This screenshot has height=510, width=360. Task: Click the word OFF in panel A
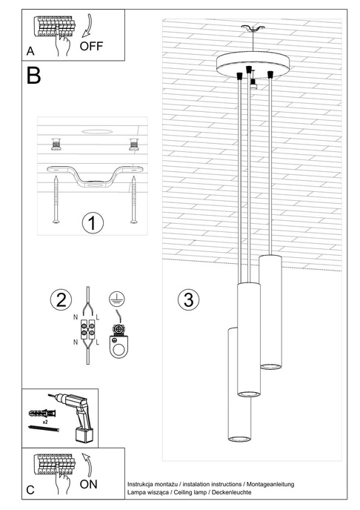click(92, 45)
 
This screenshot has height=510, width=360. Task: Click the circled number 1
click(92, 222)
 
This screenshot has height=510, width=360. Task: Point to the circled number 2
click(59, 300)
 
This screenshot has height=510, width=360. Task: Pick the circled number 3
click(189, 300)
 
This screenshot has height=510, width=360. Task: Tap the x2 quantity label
click(46, 421)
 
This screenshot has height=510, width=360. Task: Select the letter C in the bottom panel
click(30, 490)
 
